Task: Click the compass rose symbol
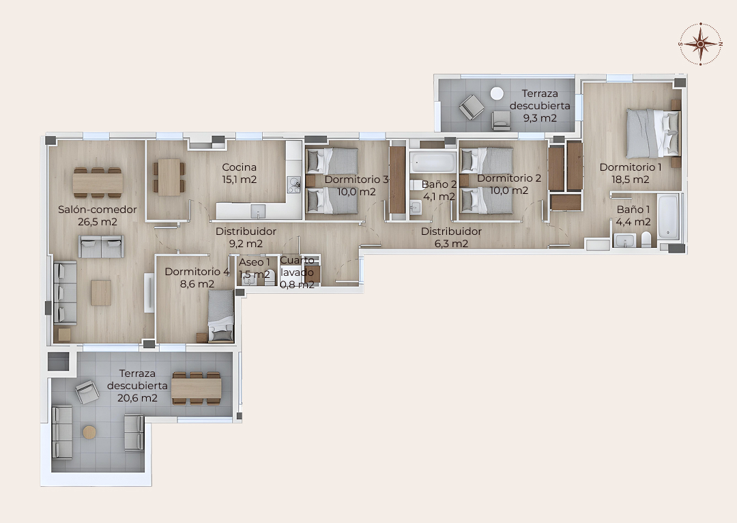click(700, 43)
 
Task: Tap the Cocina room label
click(240, 167)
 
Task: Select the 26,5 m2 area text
click(98, 222)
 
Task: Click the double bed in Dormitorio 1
click(653, 132)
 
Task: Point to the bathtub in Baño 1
click(667, 216)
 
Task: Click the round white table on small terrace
click(497, 93)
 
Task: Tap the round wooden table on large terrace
click(89, 432)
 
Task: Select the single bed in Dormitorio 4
click(221, 315)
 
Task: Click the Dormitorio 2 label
click(509, 178)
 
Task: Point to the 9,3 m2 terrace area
click(540, 117)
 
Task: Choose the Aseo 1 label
click(255, 262)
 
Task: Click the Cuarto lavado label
click(297, 266)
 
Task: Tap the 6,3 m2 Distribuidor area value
click(451, 244)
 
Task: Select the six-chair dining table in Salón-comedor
click(98, 182)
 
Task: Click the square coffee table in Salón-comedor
click(101, 292)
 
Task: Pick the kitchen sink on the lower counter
click(258, 211)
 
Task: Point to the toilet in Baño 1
click(646, 239)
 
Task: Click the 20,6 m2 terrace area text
click(137, 398)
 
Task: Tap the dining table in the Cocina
click(169, 177)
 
